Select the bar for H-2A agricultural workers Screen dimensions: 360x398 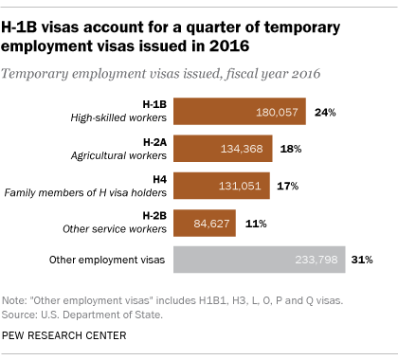tap(220, 148)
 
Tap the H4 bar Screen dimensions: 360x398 tap(219, 185)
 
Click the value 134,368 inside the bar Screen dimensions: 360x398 tap(245, 149)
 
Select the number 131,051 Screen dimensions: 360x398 tap(244, 186)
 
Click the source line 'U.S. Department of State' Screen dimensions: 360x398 tap(87, 314)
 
